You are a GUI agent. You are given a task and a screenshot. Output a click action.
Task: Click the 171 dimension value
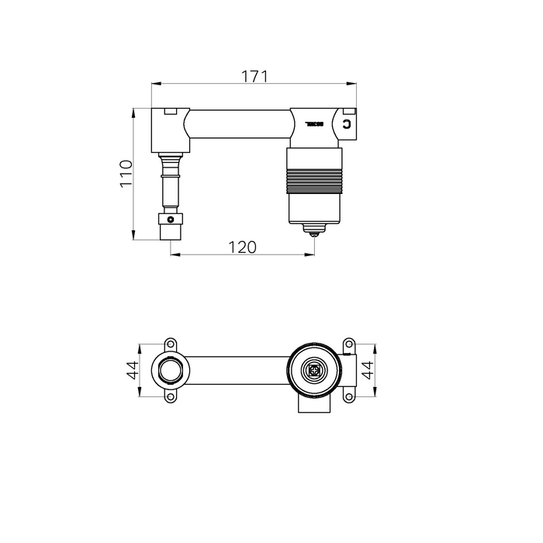[x=254, y=76]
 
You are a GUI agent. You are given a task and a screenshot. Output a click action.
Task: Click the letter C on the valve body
[x=347, y=124]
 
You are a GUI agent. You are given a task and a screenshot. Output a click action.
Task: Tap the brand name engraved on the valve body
[x=313, y=123]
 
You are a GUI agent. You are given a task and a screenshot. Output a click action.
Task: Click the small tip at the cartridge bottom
[x=313, y=230]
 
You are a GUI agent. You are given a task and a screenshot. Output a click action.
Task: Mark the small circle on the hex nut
[x=171, y=220]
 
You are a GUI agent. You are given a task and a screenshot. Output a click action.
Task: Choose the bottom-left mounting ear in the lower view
[x=170, y=398]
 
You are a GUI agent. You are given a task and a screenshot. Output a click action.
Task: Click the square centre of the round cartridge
[x=314, y=370]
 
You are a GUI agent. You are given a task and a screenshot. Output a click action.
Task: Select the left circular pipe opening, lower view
[x=169, y=370]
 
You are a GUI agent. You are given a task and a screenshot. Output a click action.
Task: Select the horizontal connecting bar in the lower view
[x=237, y=370]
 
